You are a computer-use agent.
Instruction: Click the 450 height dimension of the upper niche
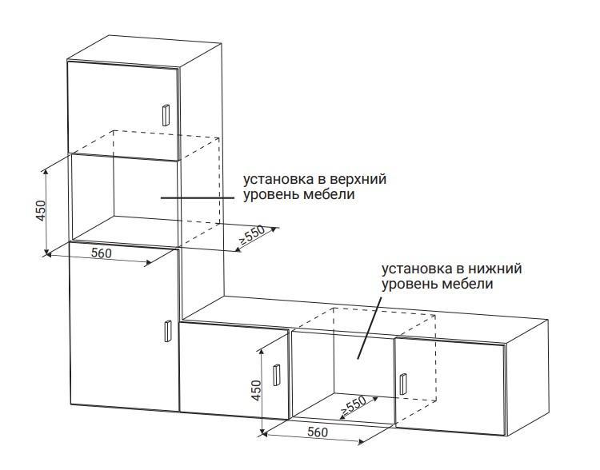point(41,211)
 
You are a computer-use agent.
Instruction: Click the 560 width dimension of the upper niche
point(102,253)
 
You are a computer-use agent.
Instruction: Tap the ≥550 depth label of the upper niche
point(252,235)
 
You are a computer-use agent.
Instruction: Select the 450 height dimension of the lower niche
point(256,390)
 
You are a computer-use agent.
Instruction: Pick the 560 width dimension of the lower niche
point(318,432)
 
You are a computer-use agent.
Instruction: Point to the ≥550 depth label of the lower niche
point(353,406)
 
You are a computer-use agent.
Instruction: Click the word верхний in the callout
point(358,179)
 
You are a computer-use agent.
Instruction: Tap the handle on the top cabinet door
point(166,115)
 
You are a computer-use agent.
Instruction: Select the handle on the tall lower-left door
point(167,331)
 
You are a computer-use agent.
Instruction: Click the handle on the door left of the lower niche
point(276,375)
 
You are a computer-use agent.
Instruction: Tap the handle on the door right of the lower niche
point(403,384)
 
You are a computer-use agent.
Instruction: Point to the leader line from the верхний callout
point(198,197)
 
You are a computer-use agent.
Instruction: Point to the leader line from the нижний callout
point(370,327)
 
